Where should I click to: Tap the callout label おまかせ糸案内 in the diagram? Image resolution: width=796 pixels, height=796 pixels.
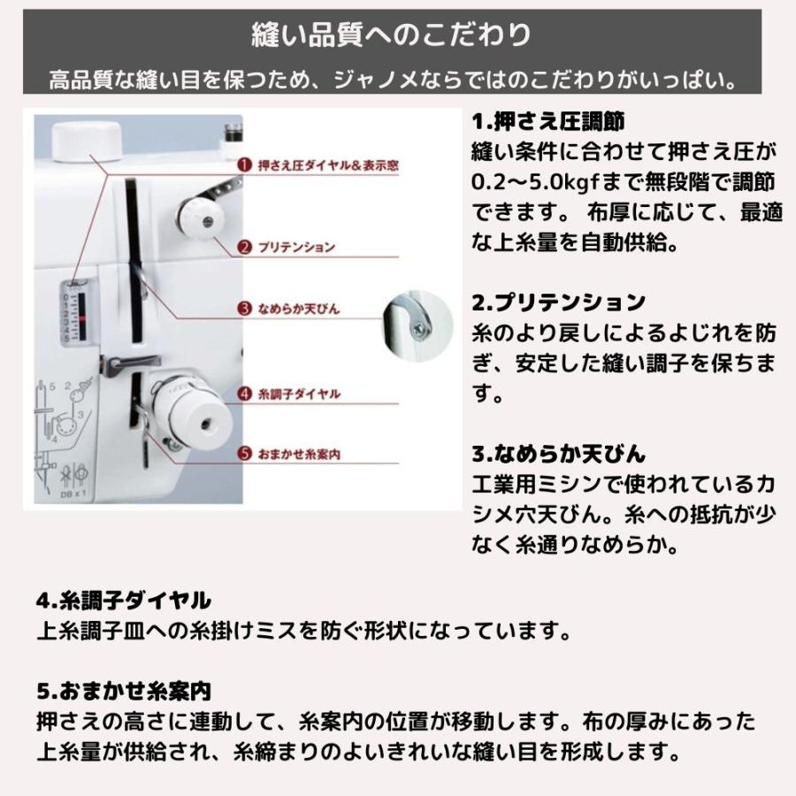coord(300,455)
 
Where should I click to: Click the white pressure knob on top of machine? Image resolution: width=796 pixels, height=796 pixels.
coord(87,142)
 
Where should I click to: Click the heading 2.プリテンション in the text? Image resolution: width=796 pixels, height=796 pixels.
coord(558,302)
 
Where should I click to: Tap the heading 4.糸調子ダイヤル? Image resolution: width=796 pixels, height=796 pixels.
coord(124,601)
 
